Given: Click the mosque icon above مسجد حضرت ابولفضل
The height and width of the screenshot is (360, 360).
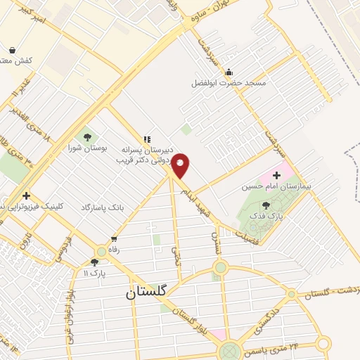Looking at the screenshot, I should (x=229, y=72).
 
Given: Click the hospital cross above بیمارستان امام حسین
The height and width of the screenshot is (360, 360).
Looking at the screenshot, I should (x=277, y=174).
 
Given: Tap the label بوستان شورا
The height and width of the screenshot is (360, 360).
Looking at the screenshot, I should (x=88, y=148).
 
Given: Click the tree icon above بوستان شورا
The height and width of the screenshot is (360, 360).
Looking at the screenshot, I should (x=88, y=137).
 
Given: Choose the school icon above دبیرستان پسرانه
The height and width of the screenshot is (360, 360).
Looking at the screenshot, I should (x=147, y=139).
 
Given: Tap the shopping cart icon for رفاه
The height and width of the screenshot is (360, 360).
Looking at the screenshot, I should (x=114, y=239).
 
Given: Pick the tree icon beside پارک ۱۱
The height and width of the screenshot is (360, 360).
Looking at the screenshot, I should (x=95, y=262).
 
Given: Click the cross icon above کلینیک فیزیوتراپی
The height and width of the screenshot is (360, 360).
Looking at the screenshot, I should (x=26, y=195).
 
